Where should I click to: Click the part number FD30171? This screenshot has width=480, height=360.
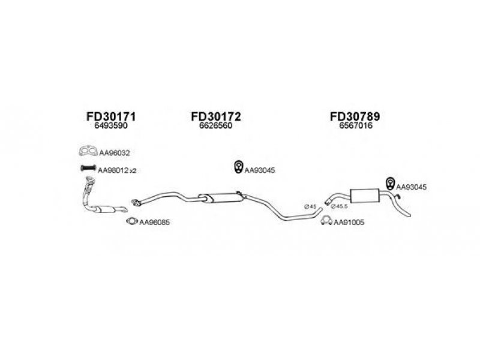tap(111, 116)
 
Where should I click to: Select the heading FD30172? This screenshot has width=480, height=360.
tap(216, 116)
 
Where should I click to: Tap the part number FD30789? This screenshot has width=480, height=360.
tap(355, 116)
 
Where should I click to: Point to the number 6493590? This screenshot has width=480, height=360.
tap(111, 126)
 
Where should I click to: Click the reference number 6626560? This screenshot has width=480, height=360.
tap(216, 126)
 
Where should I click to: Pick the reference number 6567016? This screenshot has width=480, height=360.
tap(356, 126)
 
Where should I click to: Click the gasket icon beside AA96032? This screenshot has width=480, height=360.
tap(88, 152)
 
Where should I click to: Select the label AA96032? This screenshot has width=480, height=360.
tap(115, 153)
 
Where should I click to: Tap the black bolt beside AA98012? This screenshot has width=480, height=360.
tap(88, 168)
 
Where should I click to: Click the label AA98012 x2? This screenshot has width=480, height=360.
tap(117, 170)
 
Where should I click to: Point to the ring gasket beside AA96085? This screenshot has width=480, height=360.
tap(132, 221)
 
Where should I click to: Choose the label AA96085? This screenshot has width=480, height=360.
tap(154, 222)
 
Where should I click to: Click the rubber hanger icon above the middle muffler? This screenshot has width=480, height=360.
tap(238, 167)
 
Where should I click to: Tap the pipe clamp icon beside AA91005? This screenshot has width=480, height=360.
tap(326, 220)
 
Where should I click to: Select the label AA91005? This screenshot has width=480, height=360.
tap(349, 222)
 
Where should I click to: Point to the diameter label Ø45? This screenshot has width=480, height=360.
tap(310, 206)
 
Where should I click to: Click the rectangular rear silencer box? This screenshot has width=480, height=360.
tap(365, 196)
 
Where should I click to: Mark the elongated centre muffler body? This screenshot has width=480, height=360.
tap(221, 198)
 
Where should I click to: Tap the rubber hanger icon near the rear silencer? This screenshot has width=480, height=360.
tap(390, 183)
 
